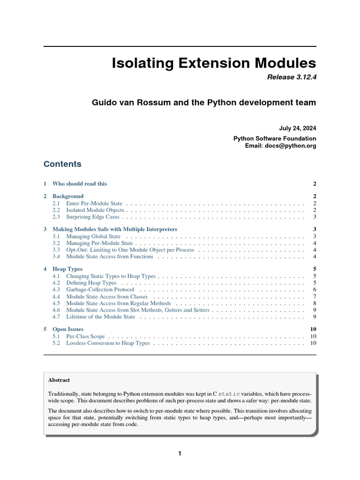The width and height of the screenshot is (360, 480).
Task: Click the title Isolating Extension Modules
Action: (214, 63)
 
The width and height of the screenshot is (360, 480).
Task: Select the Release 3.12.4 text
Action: (291, 78)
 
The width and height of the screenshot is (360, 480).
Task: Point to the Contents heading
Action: (62, 164)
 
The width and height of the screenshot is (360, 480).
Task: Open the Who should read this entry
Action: (80, 184)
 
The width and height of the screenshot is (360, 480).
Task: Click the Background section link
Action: (68, 196)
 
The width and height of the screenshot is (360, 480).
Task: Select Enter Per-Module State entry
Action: (94, 203)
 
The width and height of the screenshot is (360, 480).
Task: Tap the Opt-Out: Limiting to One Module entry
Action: (130, 250)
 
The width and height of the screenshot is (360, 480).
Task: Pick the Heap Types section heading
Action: (67, 269)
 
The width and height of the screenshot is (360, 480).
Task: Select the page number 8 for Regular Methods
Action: (315, 303)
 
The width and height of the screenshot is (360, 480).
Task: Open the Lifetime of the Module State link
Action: (101, 317)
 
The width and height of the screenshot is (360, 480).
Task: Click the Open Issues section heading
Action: (68, 329)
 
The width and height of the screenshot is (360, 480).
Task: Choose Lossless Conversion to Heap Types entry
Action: (108, 343)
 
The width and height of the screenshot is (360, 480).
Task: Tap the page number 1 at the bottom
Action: (180, 453)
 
